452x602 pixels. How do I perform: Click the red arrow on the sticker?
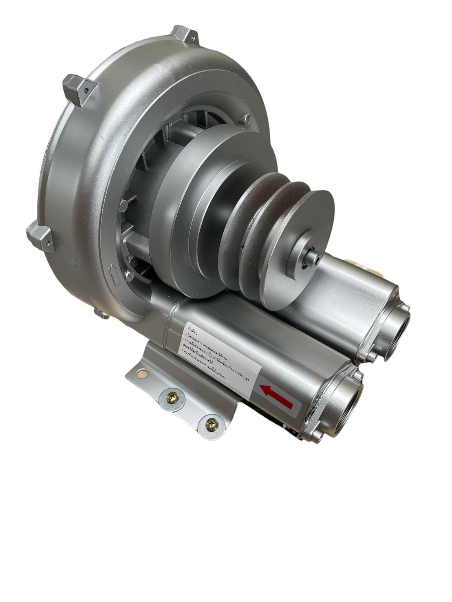click(x=277, y=397)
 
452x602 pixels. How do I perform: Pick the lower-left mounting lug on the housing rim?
click(x=40, y=237)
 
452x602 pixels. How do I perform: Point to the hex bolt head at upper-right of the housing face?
click(x=247, y=119)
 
